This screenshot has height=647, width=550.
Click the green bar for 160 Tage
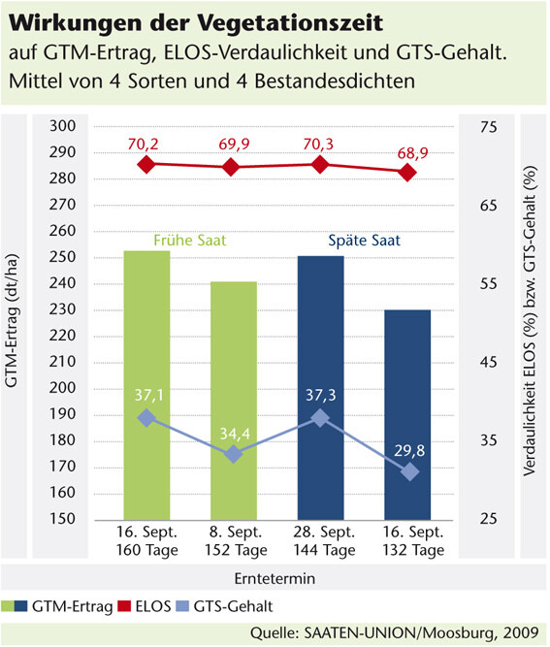pyautogui.click(x=146, y=385)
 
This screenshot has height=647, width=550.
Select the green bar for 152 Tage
pyautogui.click(x=234, y=401)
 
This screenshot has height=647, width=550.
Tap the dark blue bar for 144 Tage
pyautogui.click(x=321, y=388)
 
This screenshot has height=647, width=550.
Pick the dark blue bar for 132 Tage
pyautogui.click(x=407, y=415)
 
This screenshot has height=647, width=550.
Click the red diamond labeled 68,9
pyautogui.click(x=407, y=172)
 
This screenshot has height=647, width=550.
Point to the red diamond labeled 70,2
pyautogui.click(x=146, y=165)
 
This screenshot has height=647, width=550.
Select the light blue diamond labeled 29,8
pyautogui.click(x=410, y=471)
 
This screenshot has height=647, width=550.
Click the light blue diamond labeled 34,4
pyautogui.click(x=234, y=454)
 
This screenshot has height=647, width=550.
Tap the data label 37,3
pyautogui.click(x=321, y=396)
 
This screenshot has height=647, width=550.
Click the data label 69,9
pyautogui.click(x=234, y=144)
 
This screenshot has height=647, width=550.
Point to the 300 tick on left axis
pyautogui.click(x=63, y=126)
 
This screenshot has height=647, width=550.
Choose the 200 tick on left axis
pyautogui.click(x=63, y=387)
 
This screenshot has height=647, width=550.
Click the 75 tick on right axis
pyautogui.click(x=489, y=127)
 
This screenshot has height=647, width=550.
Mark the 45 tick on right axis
pyautogui.click(x=489, y=362)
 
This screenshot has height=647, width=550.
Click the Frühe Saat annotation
pyautogui.click(x=190, y=241)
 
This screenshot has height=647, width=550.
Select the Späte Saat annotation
pyautogui.click(x=364, y=241)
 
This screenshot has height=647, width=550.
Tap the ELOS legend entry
pyautogui.click(x=145, y=606)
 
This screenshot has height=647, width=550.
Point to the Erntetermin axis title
pyautogui.click(x=275, y=578)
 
